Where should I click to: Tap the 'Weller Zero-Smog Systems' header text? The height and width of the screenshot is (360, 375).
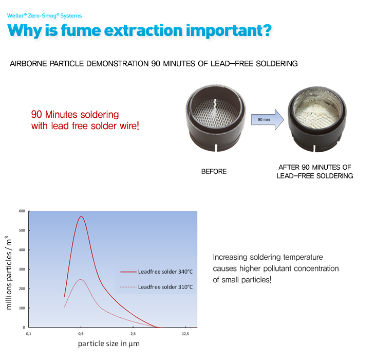(45, 16)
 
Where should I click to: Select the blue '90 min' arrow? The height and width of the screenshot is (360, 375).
(267, 119)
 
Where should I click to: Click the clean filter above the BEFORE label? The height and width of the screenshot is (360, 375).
(215, 118)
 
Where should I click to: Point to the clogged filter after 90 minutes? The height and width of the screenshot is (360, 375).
(317, 119)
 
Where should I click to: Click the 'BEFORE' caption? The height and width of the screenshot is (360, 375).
(214, 171)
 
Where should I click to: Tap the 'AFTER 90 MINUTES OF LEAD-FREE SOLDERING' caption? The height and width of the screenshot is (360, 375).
(315, 172)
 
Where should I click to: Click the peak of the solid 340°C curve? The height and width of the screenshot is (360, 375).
(81, 217)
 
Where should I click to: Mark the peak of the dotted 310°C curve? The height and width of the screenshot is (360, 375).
(81, 279)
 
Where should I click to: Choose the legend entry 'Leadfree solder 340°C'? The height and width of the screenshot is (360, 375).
(156, 272)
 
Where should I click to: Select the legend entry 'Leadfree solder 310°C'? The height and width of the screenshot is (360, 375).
(156, 287)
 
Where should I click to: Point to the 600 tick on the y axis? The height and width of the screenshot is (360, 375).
(22, 211)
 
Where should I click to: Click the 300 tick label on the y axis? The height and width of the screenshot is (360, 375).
(22, 269)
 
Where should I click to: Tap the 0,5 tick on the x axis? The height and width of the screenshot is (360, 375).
(81, 334)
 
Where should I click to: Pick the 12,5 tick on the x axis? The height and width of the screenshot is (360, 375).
(185, 334)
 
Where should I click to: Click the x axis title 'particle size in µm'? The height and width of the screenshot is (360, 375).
(109, 344)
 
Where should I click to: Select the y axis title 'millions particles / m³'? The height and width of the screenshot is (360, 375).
(8, 273)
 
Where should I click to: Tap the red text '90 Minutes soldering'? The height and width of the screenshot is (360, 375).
(75, 114)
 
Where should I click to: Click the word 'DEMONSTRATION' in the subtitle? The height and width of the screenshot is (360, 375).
(118, 64)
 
